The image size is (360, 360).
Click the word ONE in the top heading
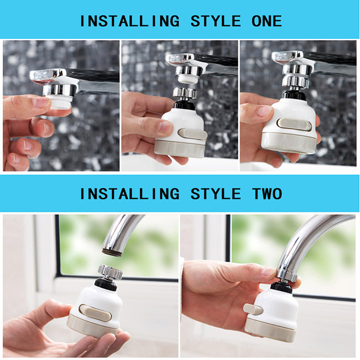[x=267, y=21]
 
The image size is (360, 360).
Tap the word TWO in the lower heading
[x=267, y=194]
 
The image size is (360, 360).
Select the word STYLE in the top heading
[x=216, y=21]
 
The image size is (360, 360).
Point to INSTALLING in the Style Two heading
[x=129, y=194]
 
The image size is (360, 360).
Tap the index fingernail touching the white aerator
[x=41, y=103]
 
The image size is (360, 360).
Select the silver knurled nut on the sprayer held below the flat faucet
[x=185, y=93]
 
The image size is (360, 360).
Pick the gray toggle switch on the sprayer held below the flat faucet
[x=193, y=134]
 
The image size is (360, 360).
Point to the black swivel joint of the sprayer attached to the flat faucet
[x=294, y=95]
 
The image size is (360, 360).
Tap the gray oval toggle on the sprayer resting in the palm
[x=95, y=312]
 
